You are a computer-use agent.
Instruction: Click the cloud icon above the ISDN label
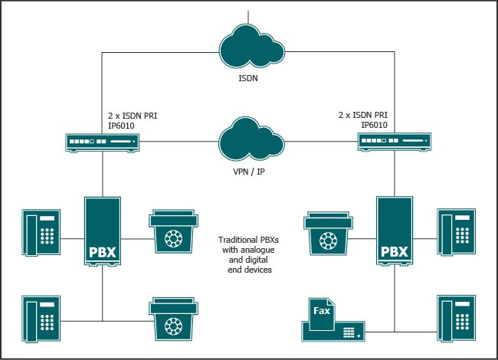click(248, 44)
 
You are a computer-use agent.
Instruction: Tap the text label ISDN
click(248, 77)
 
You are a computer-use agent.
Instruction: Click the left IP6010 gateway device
click(102, 142)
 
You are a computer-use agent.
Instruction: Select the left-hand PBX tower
click(102, 232)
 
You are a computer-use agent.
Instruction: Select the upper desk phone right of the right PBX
click(457, 231)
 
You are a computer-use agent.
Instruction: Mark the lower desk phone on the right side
click(457, 319)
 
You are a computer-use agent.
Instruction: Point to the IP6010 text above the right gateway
click(374, 125)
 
